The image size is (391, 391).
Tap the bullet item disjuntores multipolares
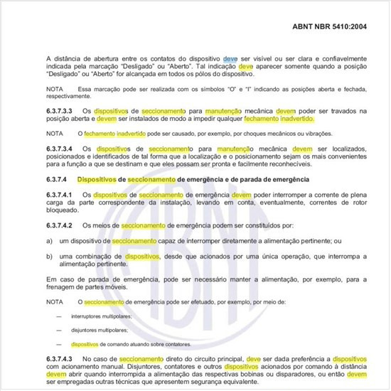99,331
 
